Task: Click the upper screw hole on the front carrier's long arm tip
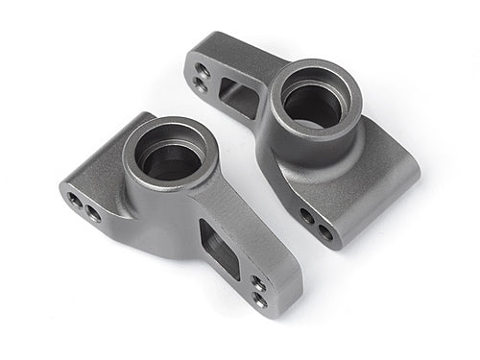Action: coord(258,283)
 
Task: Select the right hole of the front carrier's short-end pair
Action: coord(93,213)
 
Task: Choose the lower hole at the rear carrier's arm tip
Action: coord(199,84)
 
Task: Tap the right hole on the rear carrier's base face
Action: coord(325,230)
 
